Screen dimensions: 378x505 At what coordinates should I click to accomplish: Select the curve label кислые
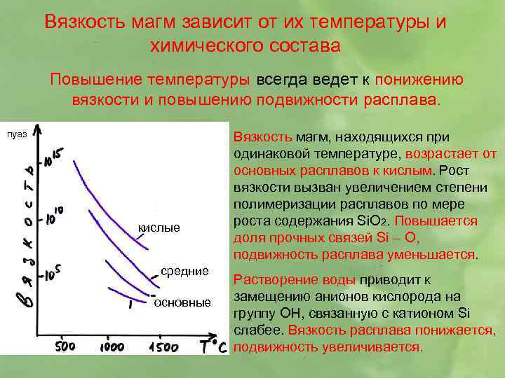click(159, 227)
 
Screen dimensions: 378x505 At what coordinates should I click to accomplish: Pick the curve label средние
click(185, 270)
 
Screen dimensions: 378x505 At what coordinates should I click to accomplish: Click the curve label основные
click(182, 302)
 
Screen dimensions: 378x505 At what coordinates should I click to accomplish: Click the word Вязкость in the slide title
click(83, 20)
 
